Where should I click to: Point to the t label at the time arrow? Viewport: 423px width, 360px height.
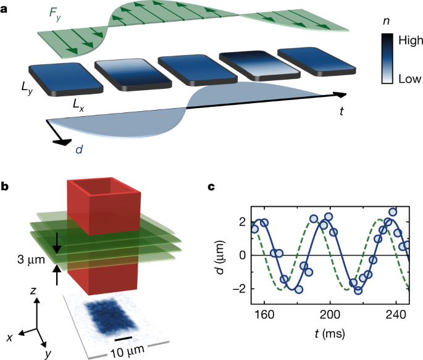[341, 111]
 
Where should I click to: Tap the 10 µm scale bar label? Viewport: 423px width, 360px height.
[127, 351]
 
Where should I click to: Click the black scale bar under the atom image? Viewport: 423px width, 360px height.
[124, 338]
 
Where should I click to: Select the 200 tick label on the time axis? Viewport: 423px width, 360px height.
[330, 313]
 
